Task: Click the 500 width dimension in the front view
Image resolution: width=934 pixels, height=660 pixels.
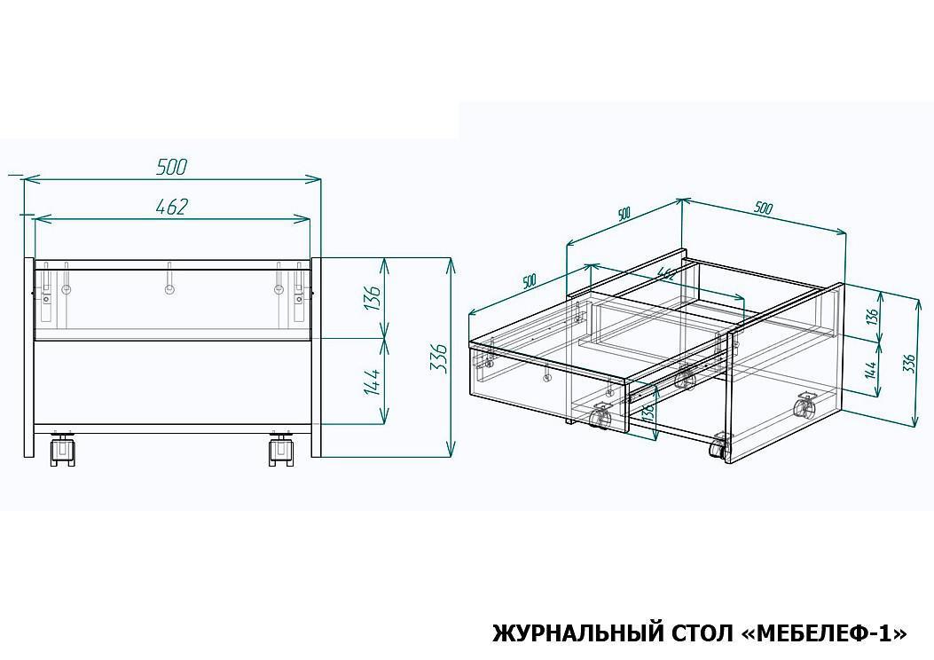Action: [171, 167]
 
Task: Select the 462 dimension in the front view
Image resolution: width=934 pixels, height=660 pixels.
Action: [171, 206]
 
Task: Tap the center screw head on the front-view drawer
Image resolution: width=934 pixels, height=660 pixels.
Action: [169, 290]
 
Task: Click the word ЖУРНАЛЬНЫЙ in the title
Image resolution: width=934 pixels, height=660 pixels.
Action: [577, 633]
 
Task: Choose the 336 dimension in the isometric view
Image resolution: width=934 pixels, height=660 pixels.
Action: [908, 363]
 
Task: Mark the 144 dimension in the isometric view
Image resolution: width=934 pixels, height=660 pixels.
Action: [871, 369]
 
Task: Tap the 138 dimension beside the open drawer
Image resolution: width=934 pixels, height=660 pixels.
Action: [649, 410]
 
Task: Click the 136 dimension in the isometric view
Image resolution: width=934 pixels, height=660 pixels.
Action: [873, 317]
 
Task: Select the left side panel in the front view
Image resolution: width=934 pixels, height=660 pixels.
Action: [28, 357]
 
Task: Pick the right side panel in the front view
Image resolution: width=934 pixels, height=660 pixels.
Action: [317, 357]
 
